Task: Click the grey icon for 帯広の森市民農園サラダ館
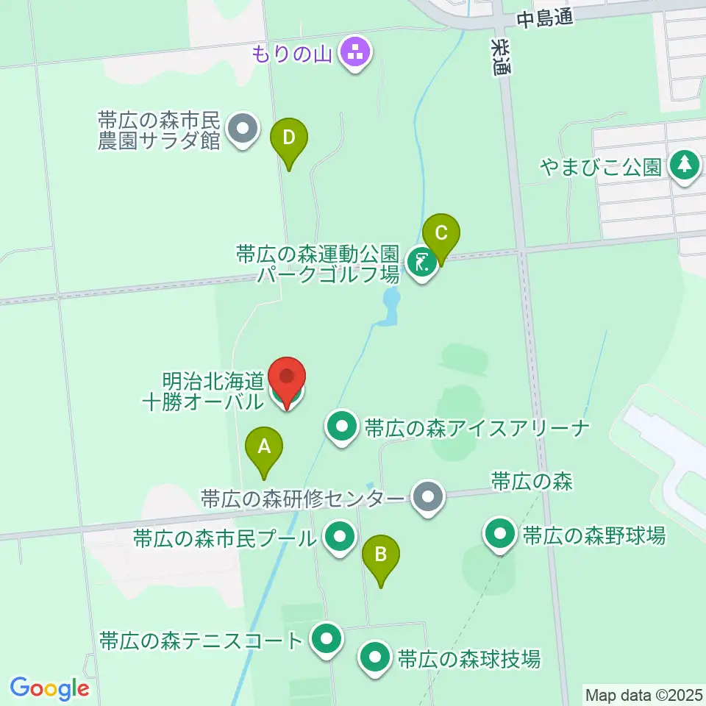pyautogui.click(x=242, y=131)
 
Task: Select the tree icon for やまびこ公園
pyautogui.click(x=685, y=167)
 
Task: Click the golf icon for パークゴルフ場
pyautogui.click(x=421, y=262)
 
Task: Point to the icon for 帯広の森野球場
pyautogui.click(x=502, y=535)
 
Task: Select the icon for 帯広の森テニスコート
pyautogui.click(x=325, y=639)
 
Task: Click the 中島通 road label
pyautogui.click(x=544, y=19)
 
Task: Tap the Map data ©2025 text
pyautogui.click(x=643, y=693)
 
